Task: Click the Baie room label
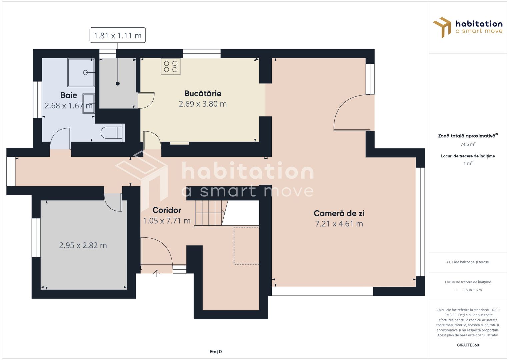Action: click(69, 95)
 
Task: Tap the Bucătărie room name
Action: click(203, 93)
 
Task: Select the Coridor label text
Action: click(167, 210)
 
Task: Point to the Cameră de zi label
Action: click(339, 213)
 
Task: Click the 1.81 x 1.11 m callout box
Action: click(118, 35)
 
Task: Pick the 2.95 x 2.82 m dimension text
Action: click(83, 245)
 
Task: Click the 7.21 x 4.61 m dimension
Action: click(339, 224)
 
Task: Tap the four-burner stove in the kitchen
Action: click(171, 66)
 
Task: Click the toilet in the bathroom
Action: click(112, 133)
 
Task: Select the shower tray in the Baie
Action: click(81, 73)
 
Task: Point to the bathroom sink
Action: click(89, 104)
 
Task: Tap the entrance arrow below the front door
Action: click(157, 273)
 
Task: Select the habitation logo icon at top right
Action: click(442, 27)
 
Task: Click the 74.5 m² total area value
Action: click(468, 144)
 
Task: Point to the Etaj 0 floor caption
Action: click(215, 352)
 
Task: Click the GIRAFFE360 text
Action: click(468, 345)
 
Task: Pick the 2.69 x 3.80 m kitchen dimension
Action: click(203, 104)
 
